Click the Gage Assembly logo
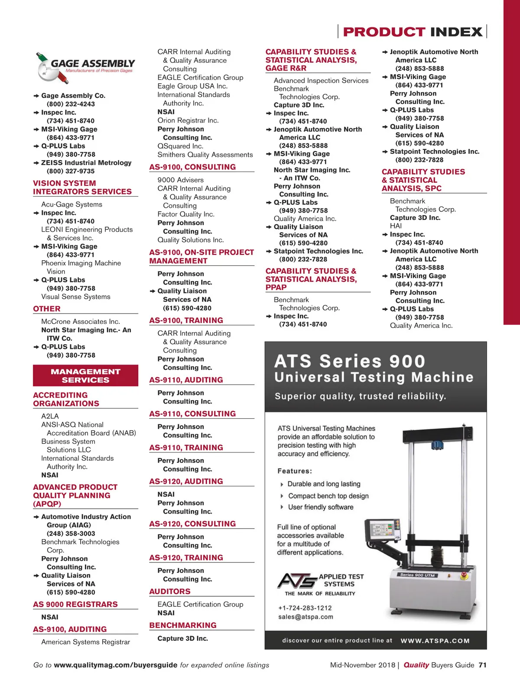tap(85, 67)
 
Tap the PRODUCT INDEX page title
tap(412, 32)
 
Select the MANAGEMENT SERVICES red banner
tap(85, 375)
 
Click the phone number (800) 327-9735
tap(71, 171)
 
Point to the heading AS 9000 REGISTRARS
tap(75, 604)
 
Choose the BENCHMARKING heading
tap(183, 625)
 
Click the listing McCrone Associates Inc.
tap(81, 321)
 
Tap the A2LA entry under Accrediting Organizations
tap(50, 416)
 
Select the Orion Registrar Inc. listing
tap(188, 120)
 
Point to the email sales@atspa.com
tap(305, 617)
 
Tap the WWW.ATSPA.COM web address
tap(435, 641)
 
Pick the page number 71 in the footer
tap(482, 665)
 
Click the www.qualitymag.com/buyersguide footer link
tap(115, 665)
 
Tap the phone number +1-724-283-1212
tap(305, 608)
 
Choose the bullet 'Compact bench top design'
tap(328, 496)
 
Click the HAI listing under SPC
tap(396, 226)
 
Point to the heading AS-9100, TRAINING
tap(186, 320)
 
